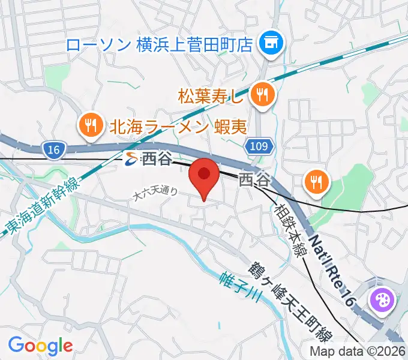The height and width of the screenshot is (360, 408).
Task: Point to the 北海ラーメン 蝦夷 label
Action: [178, 126]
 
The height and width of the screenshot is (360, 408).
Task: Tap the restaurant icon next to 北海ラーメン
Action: [91, 125]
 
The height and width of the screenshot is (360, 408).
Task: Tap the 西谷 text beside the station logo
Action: [157, 159]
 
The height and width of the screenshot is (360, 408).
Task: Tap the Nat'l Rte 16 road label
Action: [333, 264]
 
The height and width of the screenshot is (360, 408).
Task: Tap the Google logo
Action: [40, 346]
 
